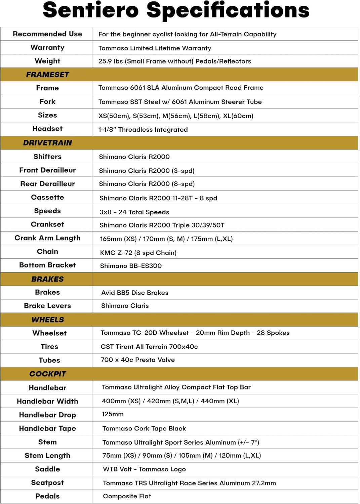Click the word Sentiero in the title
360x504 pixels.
click(91, 10)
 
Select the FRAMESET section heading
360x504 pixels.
click(47, 75)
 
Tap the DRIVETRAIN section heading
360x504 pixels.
click(47, 143)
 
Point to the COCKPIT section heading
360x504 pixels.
click(47, 374)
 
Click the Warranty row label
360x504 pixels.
click(47, 47)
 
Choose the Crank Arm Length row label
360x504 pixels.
click(47, 238)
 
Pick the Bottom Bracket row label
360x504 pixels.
click(47, 265)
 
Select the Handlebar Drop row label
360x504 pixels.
click(47, 415)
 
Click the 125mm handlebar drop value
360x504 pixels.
click(113, 414)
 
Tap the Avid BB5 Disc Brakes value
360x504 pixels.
click(135, 293)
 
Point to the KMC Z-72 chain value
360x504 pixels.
click(138, 253)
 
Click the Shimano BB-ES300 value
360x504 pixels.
click(131, 266)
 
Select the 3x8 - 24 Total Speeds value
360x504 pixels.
click(134, 212)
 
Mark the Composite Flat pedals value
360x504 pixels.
click(127, 496)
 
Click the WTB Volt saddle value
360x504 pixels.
click(144, 469)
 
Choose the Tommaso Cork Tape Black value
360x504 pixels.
click(144, 428)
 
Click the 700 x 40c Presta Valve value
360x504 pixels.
click(137, 360)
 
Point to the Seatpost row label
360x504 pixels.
click(47, 482)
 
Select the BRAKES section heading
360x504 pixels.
click(47, 279)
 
